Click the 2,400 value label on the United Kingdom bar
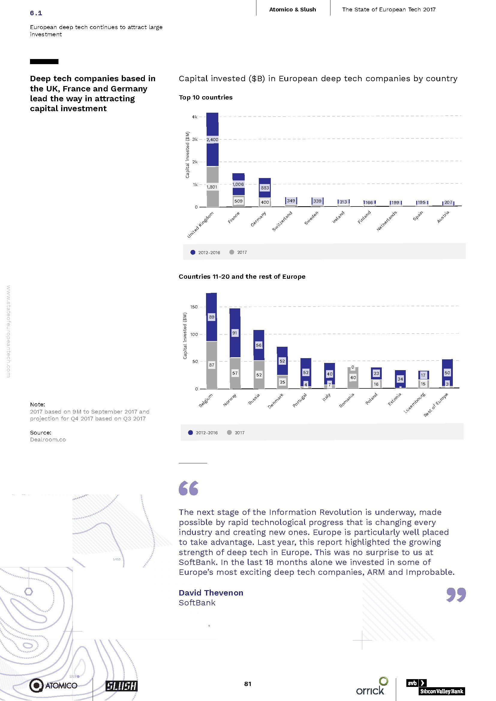click(x=212, y=140)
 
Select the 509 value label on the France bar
click(x=238, y=201)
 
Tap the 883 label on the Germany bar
click(x=265, y=188)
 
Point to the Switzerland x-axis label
click(x=282, y=221)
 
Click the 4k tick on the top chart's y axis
click(x=195, y=117)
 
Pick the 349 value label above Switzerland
click(x=291, y=201)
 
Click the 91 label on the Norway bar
click(x=235, y=333)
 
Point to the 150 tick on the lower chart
click(x=194, y=307)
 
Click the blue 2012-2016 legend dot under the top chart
click(x=193, y=252)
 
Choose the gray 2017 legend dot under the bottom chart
click(x=229, y=432)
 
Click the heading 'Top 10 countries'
click(x=205, y=97)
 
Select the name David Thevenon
click(x=211, y=593)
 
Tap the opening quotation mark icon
click(x=188, y=488)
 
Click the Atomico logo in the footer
click(x=53, y=685)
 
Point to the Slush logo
click(x=121, y=686)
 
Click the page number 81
click(x=248, y=684)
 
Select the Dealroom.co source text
click(x=48, y=440)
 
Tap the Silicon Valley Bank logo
click(x=435, y=687)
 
